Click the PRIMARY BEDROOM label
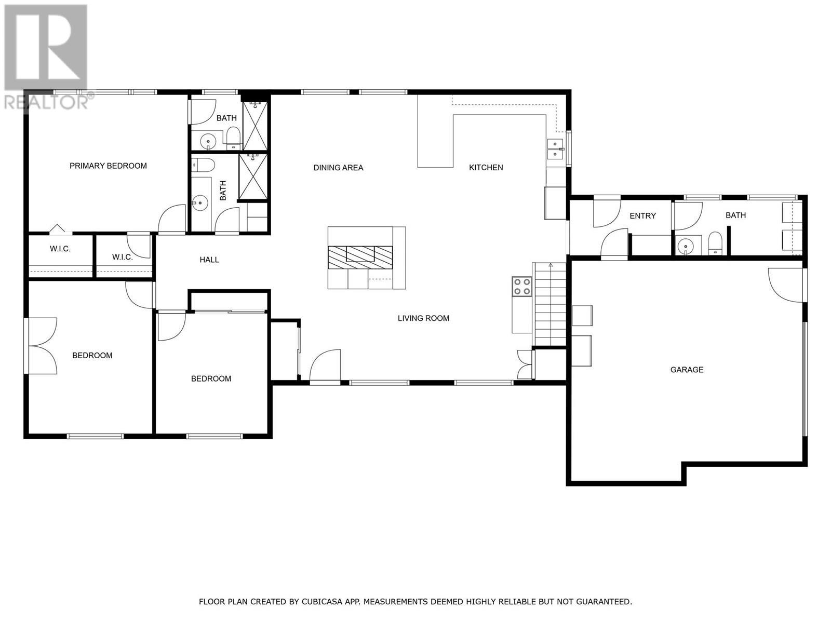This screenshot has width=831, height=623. point(108,166)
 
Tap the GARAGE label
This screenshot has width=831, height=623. point(687,370)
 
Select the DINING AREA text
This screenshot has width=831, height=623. point(338,168)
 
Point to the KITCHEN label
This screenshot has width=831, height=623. point(486,167)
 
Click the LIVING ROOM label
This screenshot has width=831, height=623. point(423,318)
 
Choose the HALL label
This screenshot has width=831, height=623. point(209,260)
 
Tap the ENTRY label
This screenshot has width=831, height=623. point(642,216)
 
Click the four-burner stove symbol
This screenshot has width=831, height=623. point(522,286)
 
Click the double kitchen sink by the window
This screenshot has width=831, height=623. point(555,148)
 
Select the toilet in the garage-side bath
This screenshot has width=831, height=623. point(715,243)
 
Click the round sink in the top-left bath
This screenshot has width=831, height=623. point(208,140)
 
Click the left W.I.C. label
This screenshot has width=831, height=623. point(60,249)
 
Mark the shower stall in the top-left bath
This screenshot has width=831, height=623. point(255,126)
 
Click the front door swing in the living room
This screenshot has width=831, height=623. point(326,366)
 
